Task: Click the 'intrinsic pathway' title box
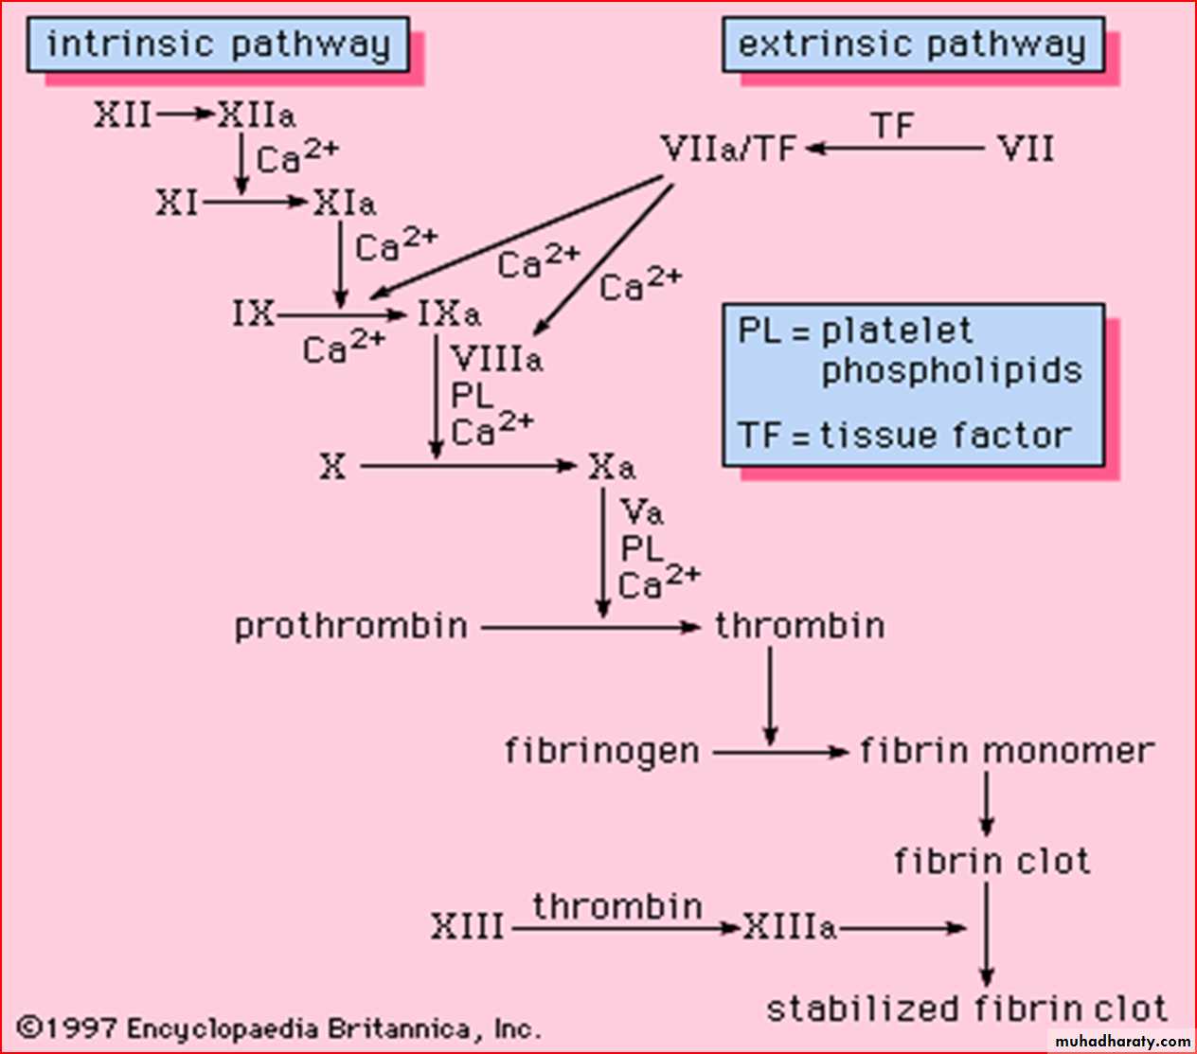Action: (218, 45)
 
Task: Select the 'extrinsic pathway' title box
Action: (913, 45)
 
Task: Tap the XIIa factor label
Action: (257, 116)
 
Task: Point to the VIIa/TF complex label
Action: (728, 149)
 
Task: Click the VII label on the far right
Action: (1026, 149)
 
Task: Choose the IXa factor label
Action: (449, 313)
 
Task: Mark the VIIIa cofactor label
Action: (497, 359)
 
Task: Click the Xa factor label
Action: (612, 466)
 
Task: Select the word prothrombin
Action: (351, 626)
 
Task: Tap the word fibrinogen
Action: (602, 751)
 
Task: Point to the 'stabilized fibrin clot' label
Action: (967, 1009)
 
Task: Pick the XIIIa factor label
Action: (789, 927)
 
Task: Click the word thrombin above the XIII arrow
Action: (617, 906)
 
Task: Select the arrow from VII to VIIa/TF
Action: (895, 149)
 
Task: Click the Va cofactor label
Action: (642, 512)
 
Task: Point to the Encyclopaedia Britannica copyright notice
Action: (280, 1028)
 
